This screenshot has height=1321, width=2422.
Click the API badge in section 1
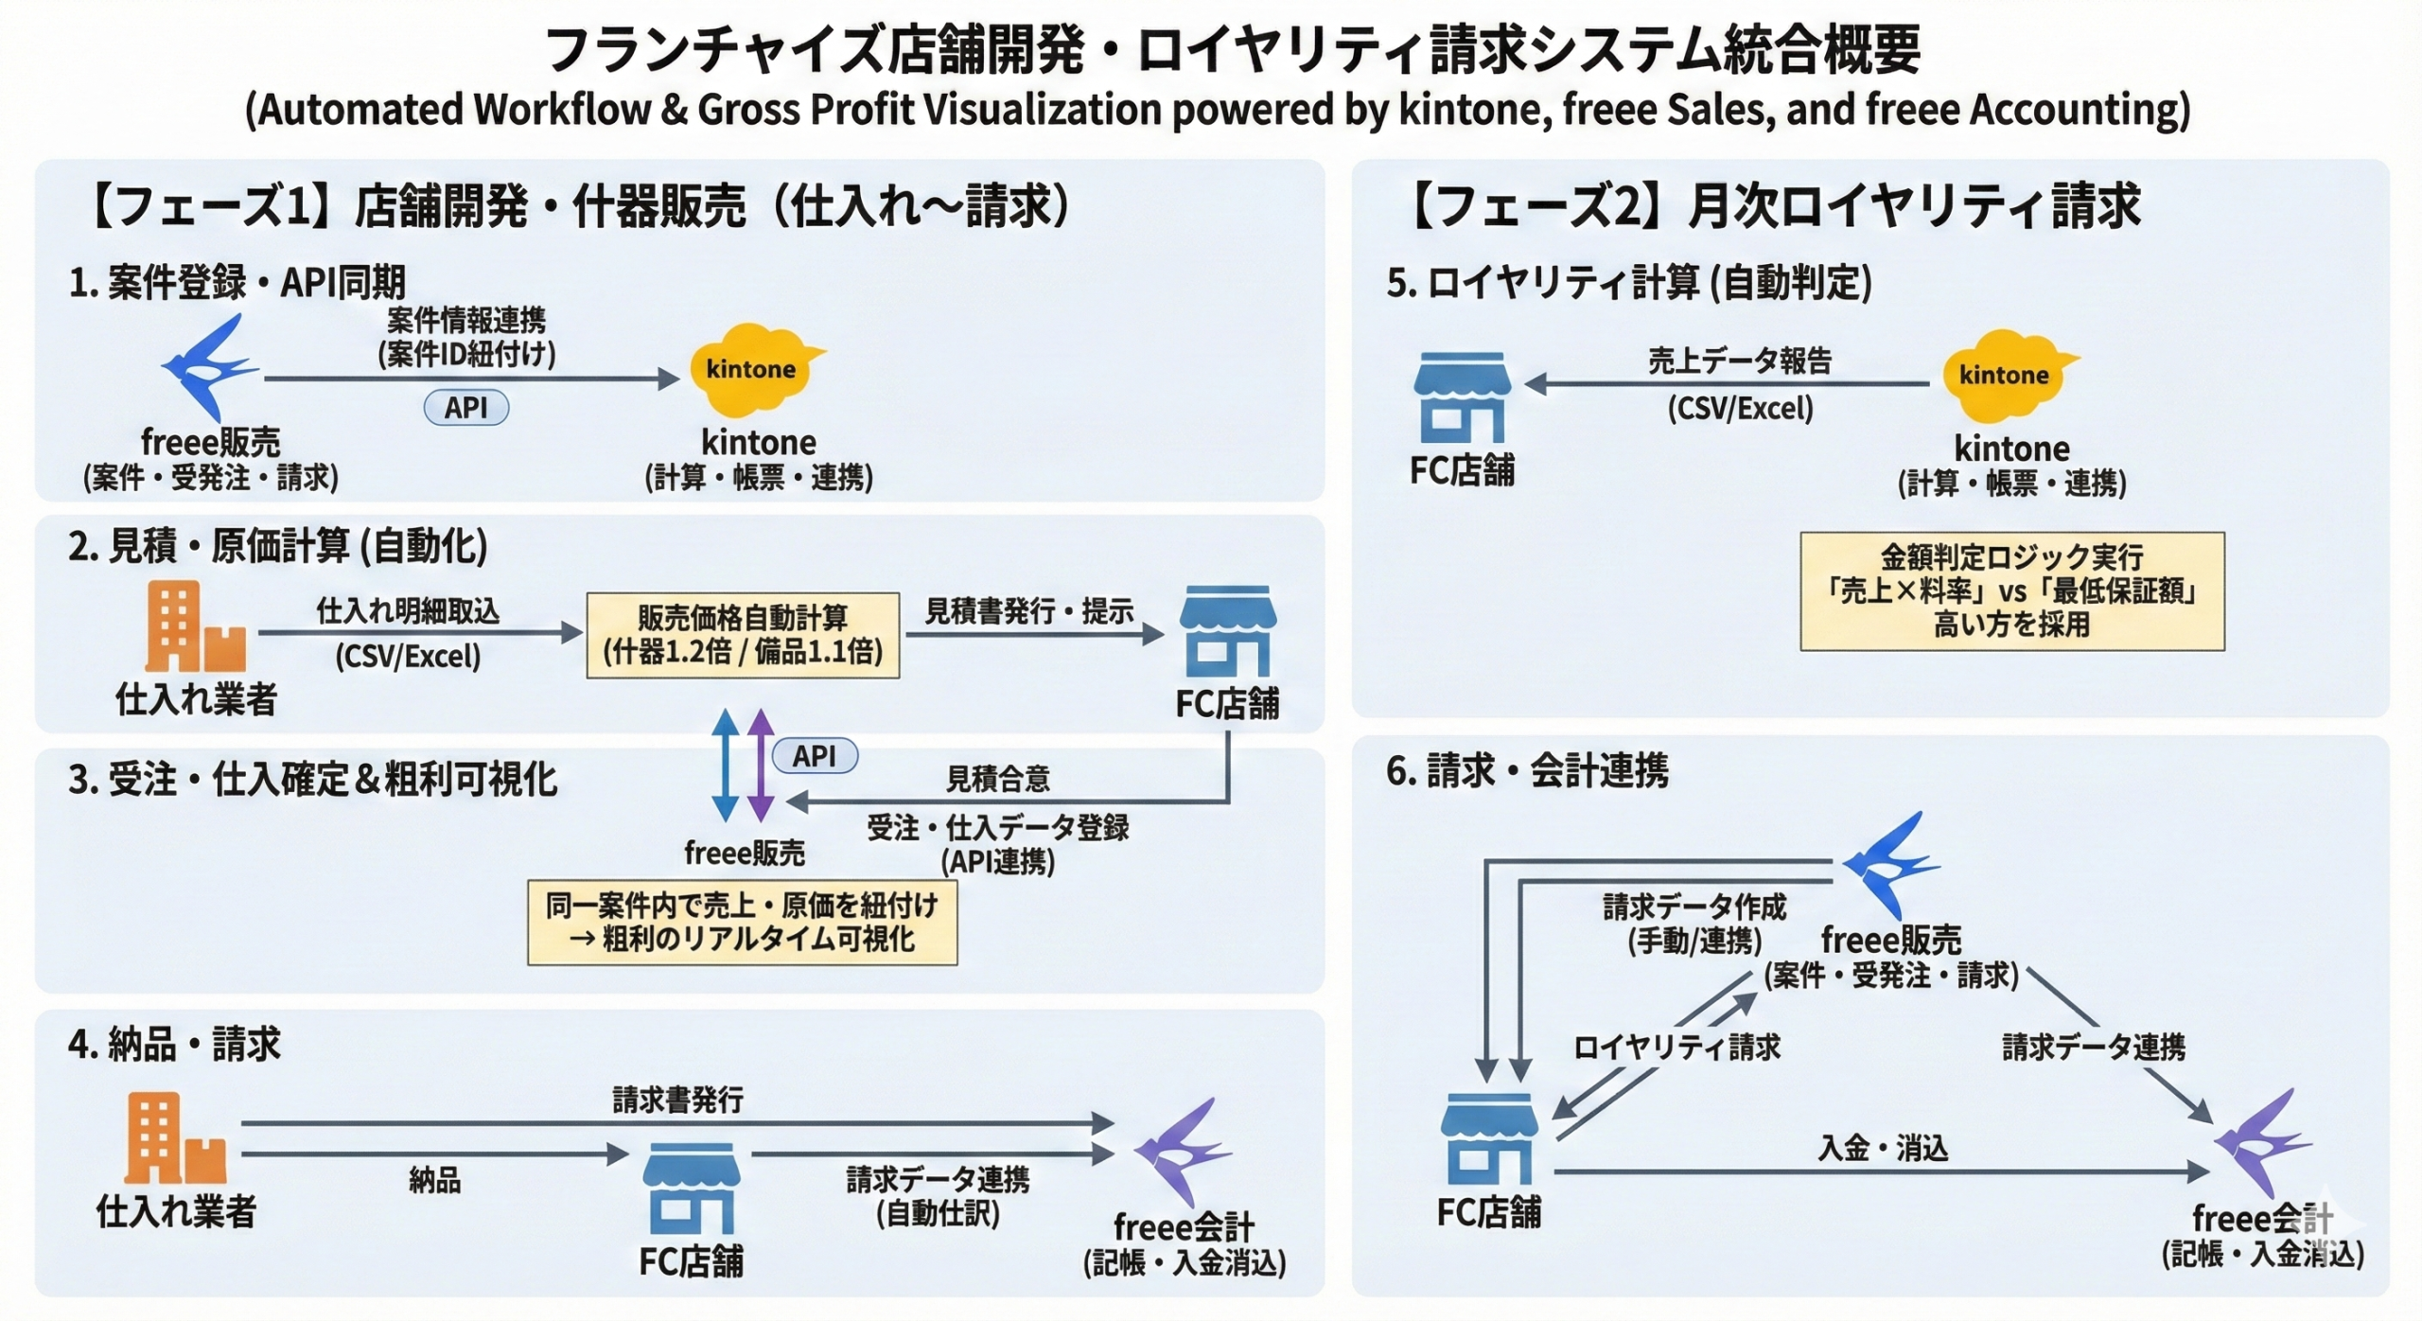pos(465,408)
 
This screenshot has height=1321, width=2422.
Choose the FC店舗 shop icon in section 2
pos(1227,631)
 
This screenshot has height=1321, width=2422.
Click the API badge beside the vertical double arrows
pos(815,755)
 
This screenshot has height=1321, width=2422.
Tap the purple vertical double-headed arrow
pos(761,765)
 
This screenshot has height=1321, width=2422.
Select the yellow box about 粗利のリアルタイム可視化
pos(742,923)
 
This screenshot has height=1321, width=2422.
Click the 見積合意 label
pos(998,779)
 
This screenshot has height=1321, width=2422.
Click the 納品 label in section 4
pos(434,1180)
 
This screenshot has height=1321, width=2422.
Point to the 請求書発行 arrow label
pos(677,1100)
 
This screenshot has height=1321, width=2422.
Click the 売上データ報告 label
pos(1739,361)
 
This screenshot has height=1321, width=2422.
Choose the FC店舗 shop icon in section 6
pos(1489,1139)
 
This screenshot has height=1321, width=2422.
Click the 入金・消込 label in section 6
pos(1883,1148)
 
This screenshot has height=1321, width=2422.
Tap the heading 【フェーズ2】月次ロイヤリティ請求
pos(1775,206)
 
